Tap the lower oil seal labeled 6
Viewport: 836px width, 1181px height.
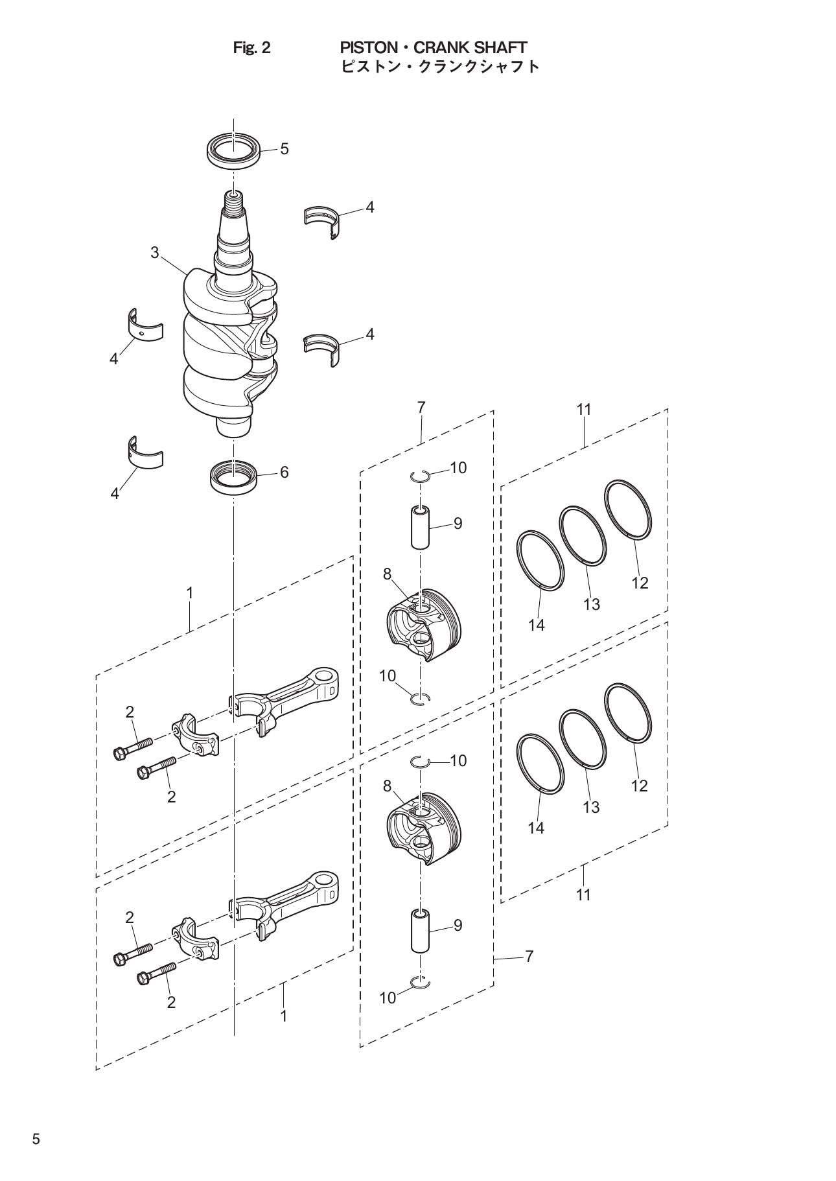234,478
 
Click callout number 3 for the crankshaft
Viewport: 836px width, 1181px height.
155,253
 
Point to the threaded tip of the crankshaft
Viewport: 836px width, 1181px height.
233,202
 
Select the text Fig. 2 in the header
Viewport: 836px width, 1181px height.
251,48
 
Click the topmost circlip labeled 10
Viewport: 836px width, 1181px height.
421,476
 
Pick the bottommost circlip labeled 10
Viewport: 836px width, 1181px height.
421,984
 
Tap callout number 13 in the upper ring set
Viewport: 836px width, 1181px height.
591,604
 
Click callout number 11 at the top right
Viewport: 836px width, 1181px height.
584,410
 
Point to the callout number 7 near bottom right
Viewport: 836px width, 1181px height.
529,956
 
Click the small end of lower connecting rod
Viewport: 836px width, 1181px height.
327,884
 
